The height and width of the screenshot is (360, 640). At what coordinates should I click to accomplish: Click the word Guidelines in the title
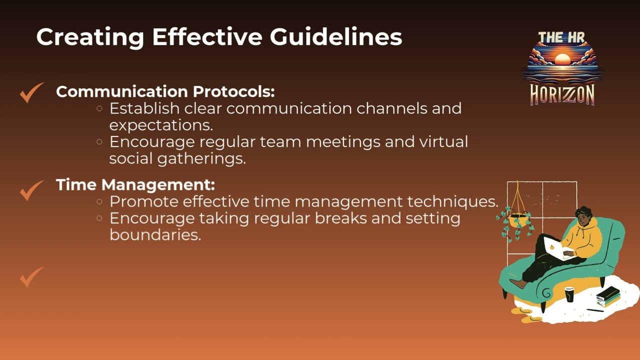pyautogui.click(x=336, y=37)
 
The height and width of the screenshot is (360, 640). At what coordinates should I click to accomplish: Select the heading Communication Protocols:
pyautogui.click(x=165, y=91)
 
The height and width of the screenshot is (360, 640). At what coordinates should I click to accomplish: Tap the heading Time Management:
pyautogui.click(x=135, y=184)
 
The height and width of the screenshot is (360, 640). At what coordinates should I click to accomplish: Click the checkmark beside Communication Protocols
pyautogui.click(x=31, y=92)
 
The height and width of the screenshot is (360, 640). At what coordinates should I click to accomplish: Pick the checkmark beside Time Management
pyautogui.click(x=31, y=190)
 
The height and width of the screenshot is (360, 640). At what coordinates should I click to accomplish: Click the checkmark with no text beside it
pyautogui.click(x=31, y=276)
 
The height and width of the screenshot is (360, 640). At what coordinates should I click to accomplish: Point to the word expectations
pyautogui.click(x=161, y=125)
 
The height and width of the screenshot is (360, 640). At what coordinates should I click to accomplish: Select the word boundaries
pyautogui.click(x=155, y=235)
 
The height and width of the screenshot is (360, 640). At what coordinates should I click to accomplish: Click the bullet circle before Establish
pyautogui.click(x=99, y=108)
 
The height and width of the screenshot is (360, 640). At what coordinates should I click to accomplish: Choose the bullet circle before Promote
pyautogui.click(x=99, y=201)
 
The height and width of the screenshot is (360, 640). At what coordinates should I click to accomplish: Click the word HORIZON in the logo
pyautogui.click(x=562, y=94)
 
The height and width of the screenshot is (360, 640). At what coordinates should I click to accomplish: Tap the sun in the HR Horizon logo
pyautogui.click(x=562, y=59)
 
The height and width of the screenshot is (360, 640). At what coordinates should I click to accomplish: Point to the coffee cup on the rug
pyautogui.click(x=569, y=294)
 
